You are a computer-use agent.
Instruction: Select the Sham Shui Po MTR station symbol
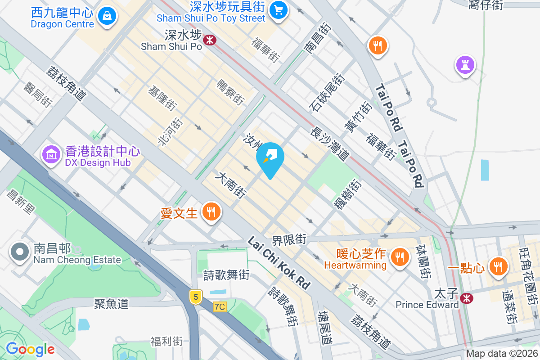click(x=209, y=40)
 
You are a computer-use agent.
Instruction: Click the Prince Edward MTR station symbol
click(x=466, y=297)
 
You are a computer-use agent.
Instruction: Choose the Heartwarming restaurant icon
click(x=399, y=257)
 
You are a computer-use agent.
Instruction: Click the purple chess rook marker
click(x=465, y=65)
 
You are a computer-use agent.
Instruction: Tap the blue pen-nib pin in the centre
click(x=270, y=158)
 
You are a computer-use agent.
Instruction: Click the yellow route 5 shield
click(x=195, y=297)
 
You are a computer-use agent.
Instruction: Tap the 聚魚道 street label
click(x=112, y=304)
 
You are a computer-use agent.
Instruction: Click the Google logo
click(x=30, y=349)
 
